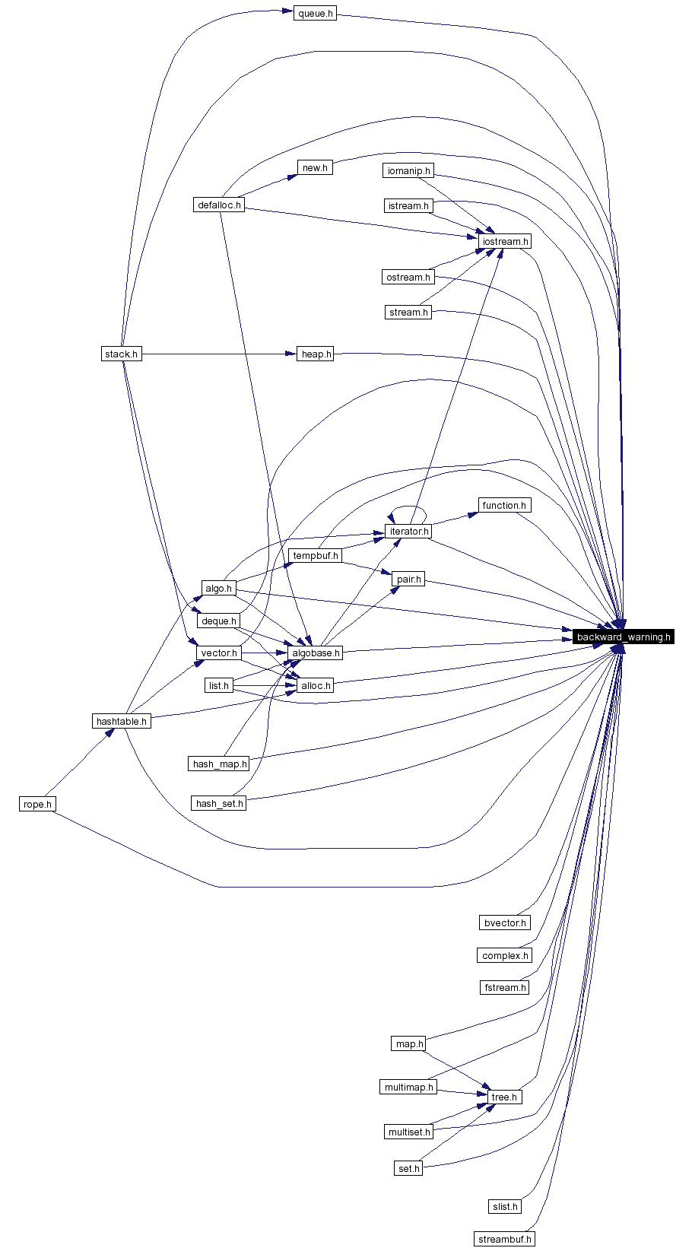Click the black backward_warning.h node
click(x=624, y=637)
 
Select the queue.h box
click(x=315, y=14)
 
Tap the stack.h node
click(x=121, y=354)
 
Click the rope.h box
click(x=37, y=804)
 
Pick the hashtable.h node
click(x=121, y=721)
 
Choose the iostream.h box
click(x=505, y=241)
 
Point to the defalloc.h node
click(x=219, y=205)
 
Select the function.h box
click(x=504, y=505)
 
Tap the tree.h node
click(x=504, y=1097)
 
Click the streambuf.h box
click(x=504, y=1239)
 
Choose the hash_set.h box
click(x=219, y=803)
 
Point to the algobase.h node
click(x=316, y=653)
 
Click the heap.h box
click(x=316, y=354)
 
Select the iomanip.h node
click(x=409, y=170)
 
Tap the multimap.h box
click(x=408, y=1087)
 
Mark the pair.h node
click(x=408, y=579)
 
